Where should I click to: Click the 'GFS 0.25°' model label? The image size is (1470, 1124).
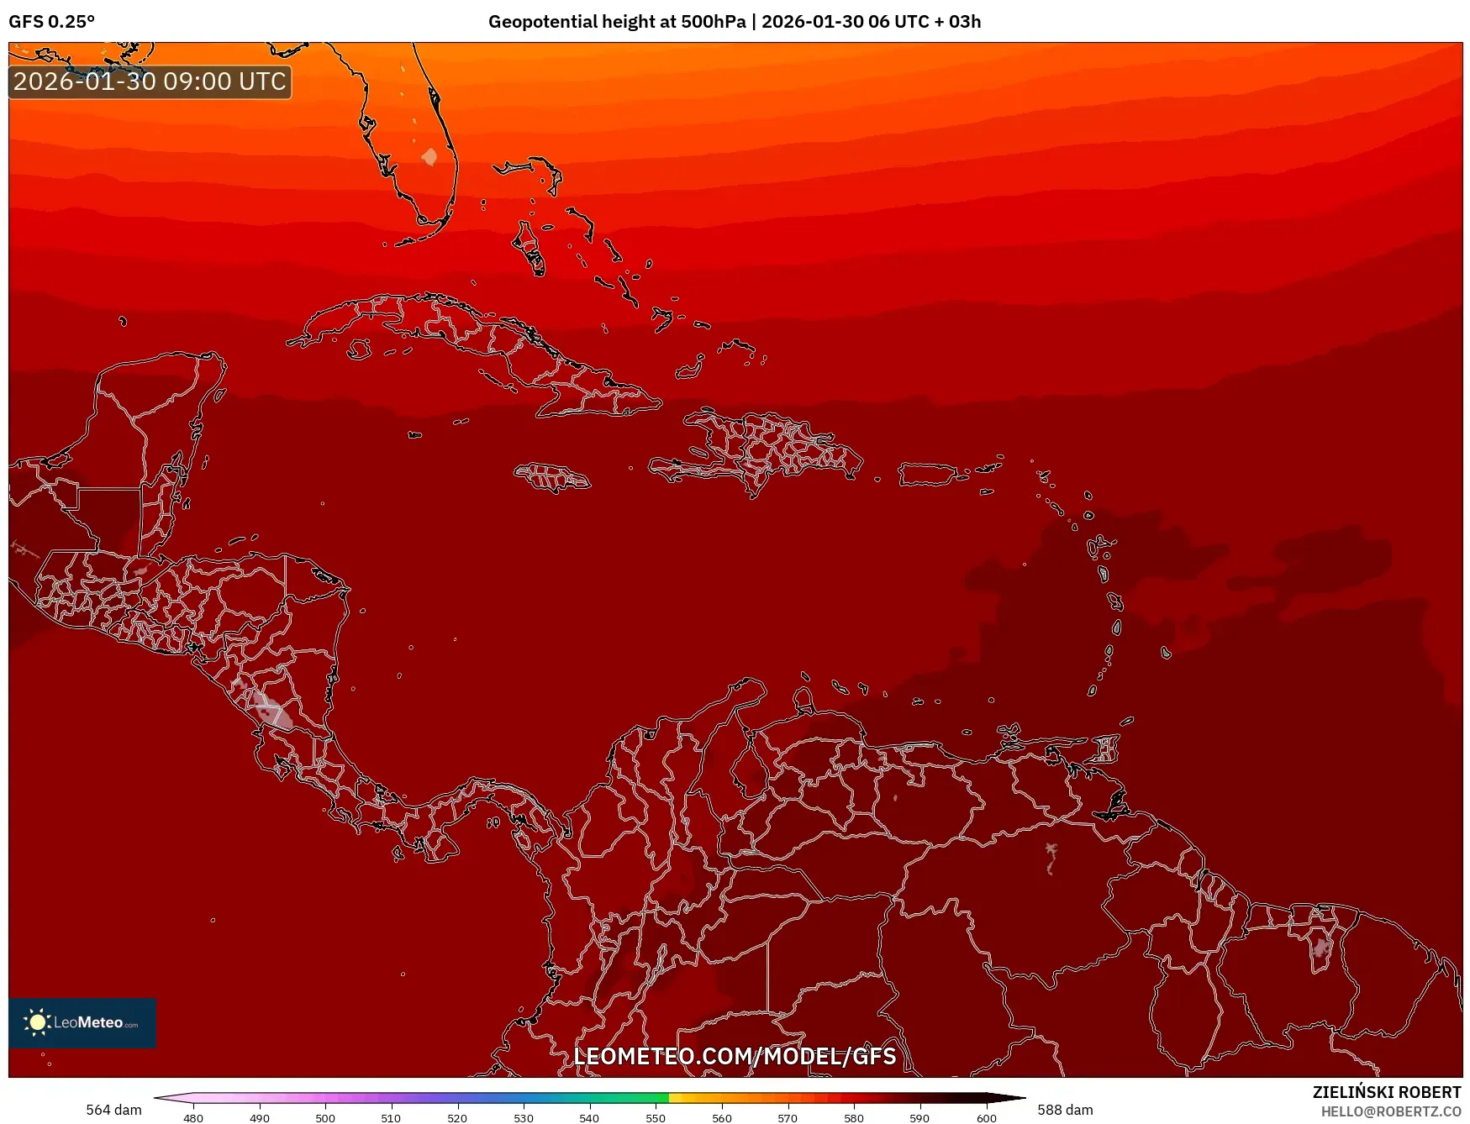tap(51, 22)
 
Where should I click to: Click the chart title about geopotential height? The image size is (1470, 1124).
tap(734, 22)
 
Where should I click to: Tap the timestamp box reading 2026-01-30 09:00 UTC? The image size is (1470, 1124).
tap(150, 81)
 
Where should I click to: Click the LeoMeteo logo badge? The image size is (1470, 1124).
tap(82, 1022)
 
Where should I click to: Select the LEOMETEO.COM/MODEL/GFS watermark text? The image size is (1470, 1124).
tap(735, 1056)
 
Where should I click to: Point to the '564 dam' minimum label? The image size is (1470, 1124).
tap(113, 1110)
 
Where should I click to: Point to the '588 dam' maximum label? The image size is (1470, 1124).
tap(1065, 1110)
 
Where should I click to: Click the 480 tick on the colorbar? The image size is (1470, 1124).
tap(193, 1117)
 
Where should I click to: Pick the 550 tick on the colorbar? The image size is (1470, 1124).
tap(656, 1117)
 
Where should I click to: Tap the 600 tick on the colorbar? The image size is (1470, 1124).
tap(986, 1117)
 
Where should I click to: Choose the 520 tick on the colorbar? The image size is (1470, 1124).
tap(457, 1117)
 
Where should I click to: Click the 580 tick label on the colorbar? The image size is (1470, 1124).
tap(854, 1117)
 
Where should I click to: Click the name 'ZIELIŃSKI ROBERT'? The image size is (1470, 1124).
tap(1387, 1092)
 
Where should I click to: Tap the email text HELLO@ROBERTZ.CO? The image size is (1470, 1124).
tap(1391, 1111)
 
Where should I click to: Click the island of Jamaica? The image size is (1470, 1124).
tap(552, 477)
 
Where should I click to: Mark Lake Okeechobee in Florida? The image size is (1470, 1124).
tap(429, 156)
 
